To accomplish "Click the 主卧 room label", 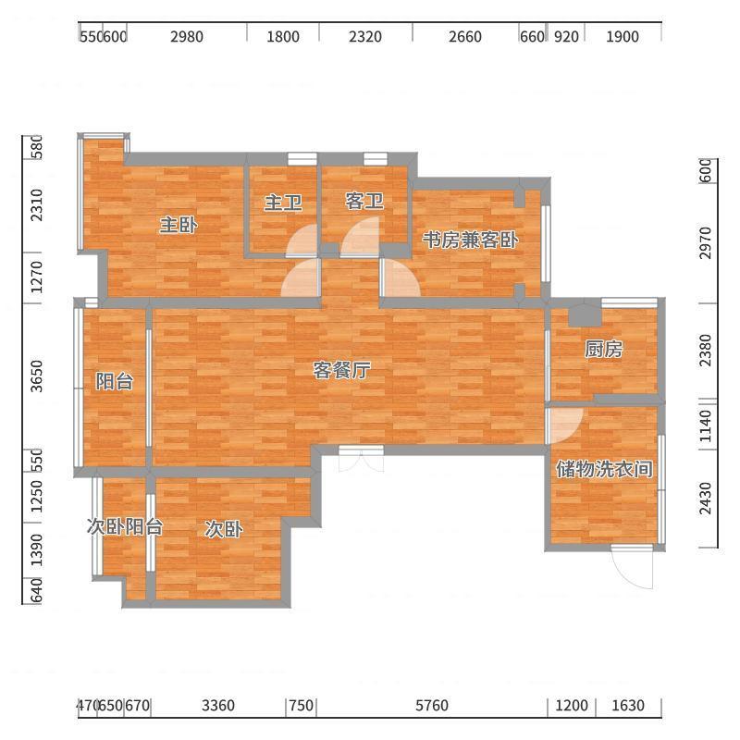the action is [179, 225].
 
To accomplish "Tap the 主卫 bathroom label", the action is [283, 203].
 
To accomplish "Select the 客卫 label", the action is [364, 201].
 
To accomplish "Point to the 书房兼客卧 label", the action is [470, 240].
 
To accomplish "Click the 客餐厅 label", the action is [341, 371].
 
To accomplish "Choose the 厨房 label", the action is [603, 350].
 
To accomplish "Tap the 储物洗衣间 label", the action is [604, 469].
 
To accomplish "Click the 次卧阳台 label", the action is [125, 526].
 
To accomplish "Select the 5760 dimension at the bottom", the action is [432, 706].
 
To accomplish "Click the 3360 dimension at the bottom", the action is [218, 706].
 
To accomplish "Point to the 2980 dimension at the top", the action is [187, 36].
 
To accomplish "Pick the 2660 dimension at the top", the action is [465, 36].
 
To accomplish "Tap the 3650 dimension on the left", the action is [36, 376].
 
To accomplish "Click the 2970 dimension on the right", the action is [705, 242].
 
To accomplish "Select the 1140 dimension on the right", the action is [705, 425].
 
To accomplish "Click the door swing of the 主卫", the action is [302, 240].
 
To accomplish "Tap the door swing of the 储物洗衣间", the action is [565, 425].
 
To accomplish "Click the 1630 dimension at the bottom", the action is [628, 706].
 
